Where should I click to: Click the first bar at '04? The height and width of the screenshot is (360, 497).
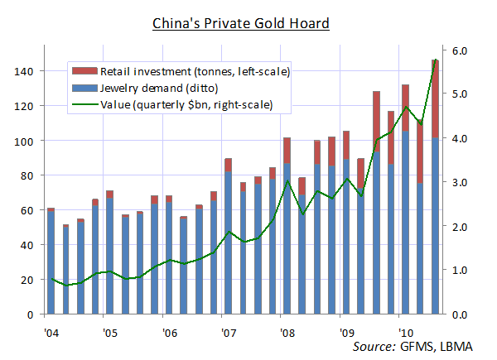(51, 265)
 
